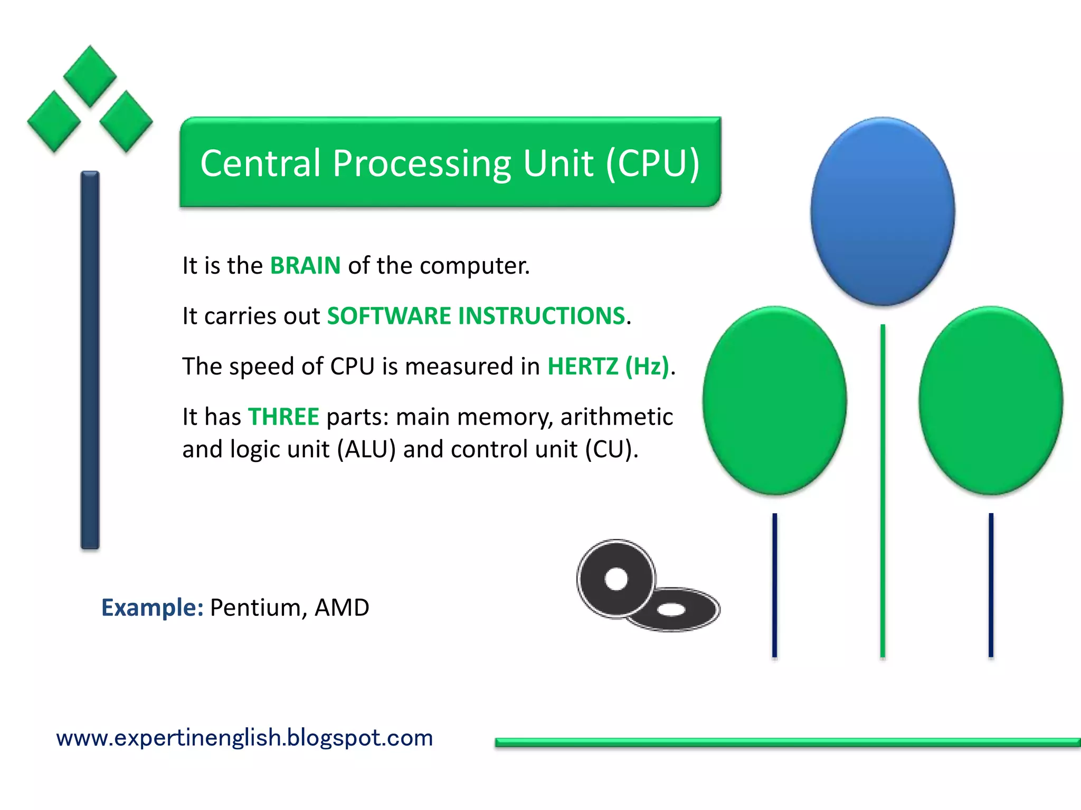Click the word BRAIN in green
[305, 265]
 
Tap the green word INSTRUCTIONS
[542, 316]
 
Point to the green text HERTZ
[583, 367]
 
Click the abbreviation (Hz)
[647, 367]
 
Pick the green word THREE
[283, 417]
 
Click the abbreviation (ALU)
[366, 449]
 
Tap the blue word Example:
[152, 607]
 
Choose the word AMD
[342, 607]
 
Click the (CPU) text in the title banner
[653, 163]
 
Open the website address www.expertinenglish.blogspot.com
[244, 738]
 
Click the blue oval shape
[883, 211]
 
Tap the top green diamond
[90, 76]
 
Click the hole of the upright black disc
[616, 579]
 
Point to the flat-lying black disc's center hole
[671, 610]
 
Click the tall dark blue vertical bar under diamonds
[90, 360]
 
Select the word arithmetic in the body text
[617, 417]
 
